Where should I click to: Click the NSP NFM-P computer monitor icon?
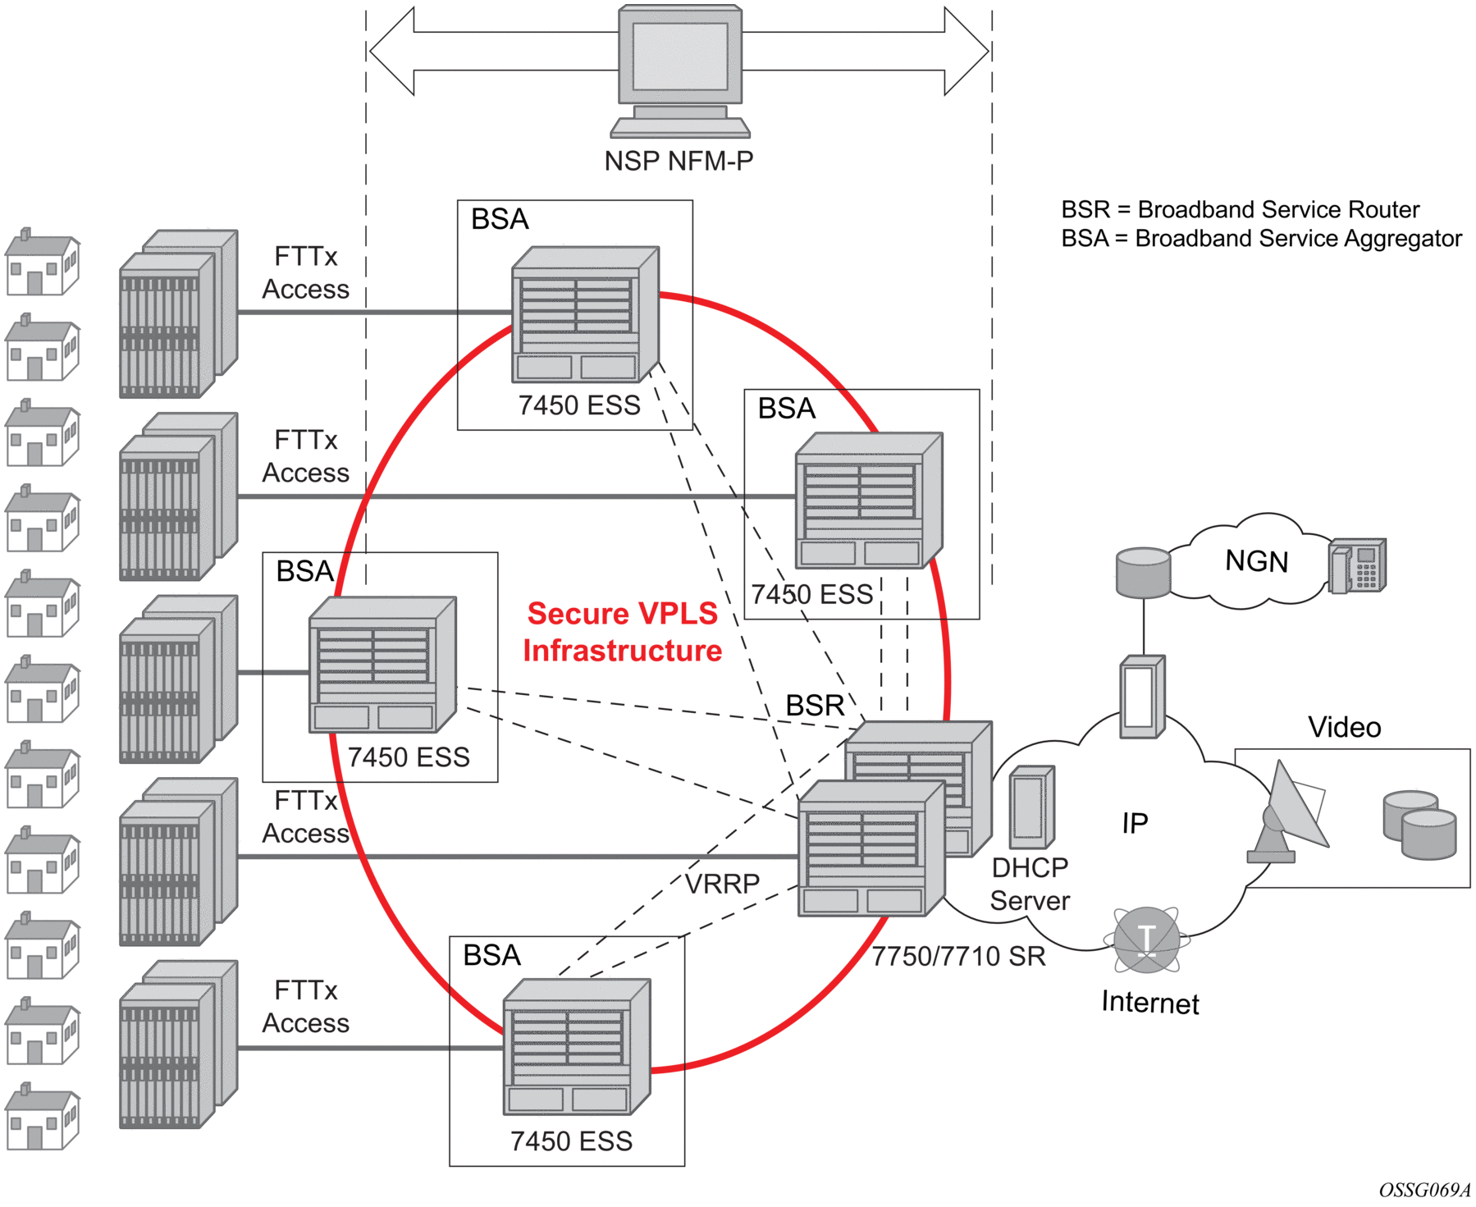coord(680,70)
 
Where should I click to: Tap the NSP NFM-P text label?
coord(679,161)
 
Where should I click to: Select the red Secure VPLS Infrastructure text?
coord(623,632)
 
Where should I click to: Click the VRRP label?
coord(722,884)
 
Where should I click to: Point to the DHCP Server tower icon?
coord(1031,807)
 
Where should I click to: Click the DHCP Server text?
coord(1030,885)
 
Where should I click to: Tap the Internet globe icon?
coord(1147,940)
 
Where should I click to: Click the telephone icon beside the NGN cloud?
coord(1357,565)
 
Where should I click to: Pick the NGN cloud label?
coord(1256,561)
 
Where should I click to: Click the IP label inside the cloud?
coord(1135,823)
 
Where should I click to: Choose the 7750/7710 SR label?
coord(958,956)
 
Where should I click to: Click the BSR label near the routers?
coord(815,706)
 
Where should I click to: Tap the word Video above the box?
coord(1344,727)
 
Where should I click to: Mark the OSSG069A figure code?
coord(1424,1190)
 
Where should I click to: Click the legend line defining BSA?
coord(1261,239)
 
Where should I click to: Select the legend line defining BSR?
coord(1240,210)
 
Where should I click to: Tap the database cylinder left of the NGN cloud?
coord(1143,573)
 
